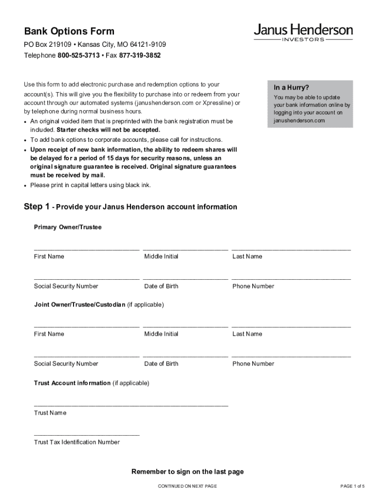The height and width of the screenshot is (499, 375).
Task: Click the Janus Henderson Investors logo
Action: click(303, 33)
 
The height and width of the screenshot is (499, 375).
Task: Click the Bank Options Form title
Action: click(69, 32)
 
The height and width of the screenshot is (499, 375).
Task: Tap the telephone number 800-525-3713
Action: click(78, 56)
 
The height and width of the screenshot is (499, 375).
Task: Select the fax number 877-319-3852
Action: click(140, 56)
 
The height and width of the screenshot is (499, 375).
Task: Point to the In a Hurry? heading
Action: click(291, 88)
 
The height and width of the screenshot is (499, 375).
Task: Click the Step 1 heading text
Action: click(131, 207)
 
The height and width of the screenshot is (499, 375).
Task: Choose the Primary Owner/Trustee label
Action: click(68, 227)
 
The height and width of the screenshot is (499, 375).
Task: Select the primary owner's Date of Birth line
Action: click(186, 278)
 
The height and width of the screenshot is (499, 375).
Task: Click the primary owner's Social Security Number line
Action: click(87, 278)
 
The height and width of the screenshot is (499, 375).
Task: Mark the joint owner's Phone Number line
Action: click(291, 356)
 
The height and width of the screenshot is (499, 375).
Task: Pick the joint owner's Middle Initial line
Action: click(186, 326)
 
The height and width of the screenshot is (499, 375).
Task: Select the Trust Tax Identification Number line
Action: click(87, 434)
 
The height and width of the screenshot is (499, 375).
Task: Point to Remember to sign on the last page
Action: click(187, 472)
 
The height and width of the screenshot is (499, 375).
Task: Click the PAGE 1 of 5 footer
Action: click(352, 486)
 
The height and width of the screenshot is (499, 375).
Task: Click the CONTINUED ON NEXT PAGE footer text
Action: click(187, 486)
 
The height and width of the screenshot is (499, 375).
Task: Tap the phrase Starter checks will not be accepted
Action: click(108, 130)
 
